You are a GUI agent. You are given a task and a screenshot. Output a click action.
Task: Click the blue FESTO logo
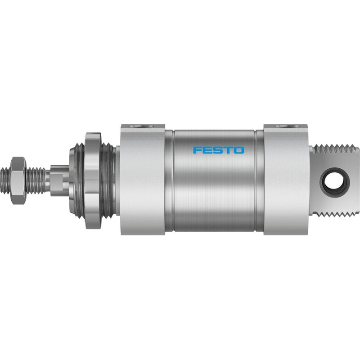pos(218,150)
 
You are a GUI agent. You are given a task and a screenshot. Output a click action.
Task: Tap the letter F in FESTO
pos(197,150)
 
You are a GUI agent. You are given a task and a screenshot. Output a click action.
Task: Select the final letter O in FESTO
pos(239,150)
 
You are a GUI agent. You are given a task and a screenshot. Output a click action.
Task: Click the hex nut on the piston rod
pos(18,180)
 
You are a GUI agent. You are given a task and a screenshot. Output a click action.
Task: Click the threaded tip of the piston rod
pos(5,180)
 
